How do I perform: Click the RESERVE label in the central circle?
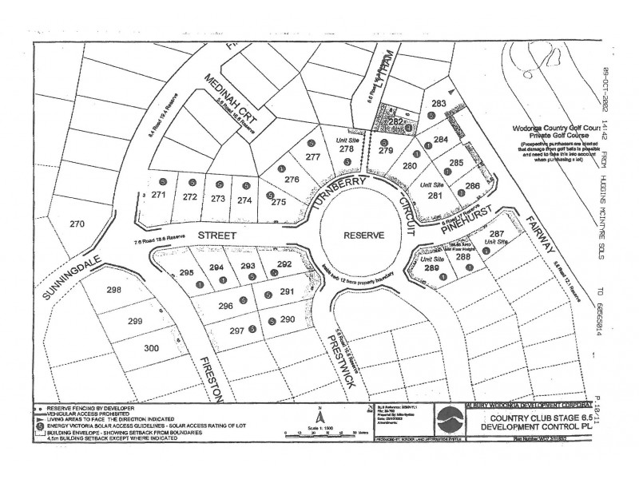click(365, 236)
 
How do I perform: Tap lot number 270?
click(77, 224)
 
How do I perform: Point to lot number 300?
click(152, 348)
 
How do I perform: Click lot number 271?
click(158, 195)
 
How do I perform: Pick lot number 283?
click(438, 104)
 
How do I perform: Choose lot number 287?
click(496, 232)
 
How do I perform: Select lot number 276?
click(292, 180)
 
